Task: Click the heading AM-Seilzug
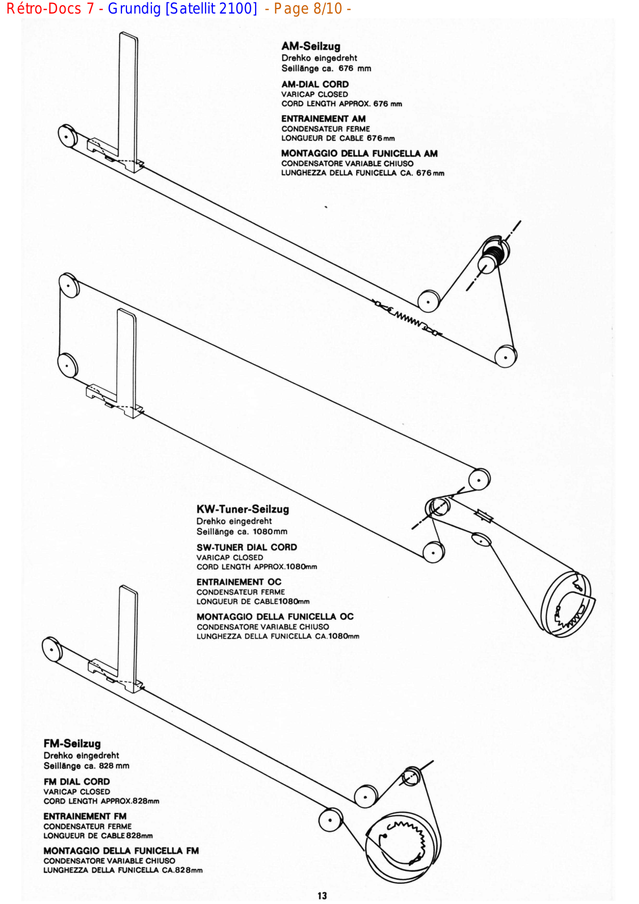310,46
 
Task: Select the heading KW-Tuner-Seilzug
243,509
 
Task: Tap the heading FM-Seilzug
72,744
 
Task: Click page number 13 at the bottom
322,896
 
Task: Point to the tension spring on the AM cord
408,319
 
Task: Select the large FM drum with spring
401,847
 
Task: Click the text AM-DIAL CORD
315,84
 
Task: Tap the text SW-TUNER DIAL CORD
247,547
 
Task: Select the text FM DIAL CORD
77,781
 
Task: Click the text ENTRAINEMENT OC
239,582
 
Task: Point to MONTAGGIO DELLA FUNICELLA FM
121,850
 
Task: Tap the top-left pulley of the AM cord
68,136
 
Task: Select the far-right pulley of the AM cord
506,357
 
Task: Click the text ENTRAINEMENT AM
323,119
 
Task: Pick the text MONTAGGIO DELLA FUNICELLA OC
275,616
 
